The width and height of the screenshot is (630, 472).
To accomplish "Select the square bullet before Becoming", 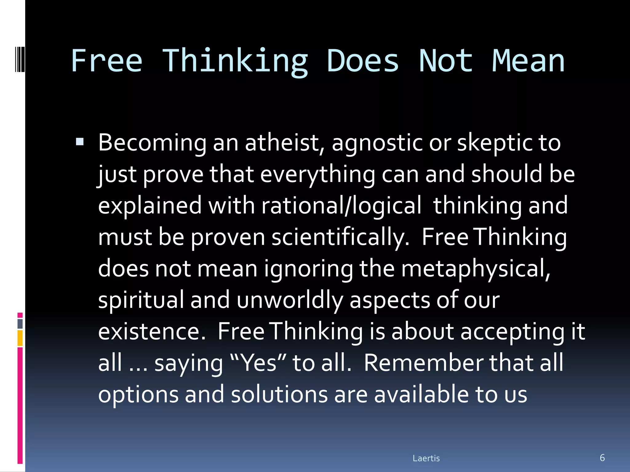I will point(80,142).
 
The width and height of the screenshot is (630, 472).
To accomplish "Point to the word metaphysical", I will point(476,269).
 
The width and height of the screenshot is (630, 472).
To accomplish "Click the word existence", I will point(152,332).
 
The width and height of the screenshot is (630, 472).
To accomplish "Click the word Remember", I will point(423,363).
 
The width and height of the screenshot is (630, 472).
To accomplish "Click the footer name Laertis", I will point(426,458).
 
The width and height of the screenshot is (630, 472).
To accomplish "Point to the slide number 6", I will point(602,458).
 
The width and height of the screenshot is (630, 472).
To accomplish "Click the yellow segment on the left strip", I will point(20,338).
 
